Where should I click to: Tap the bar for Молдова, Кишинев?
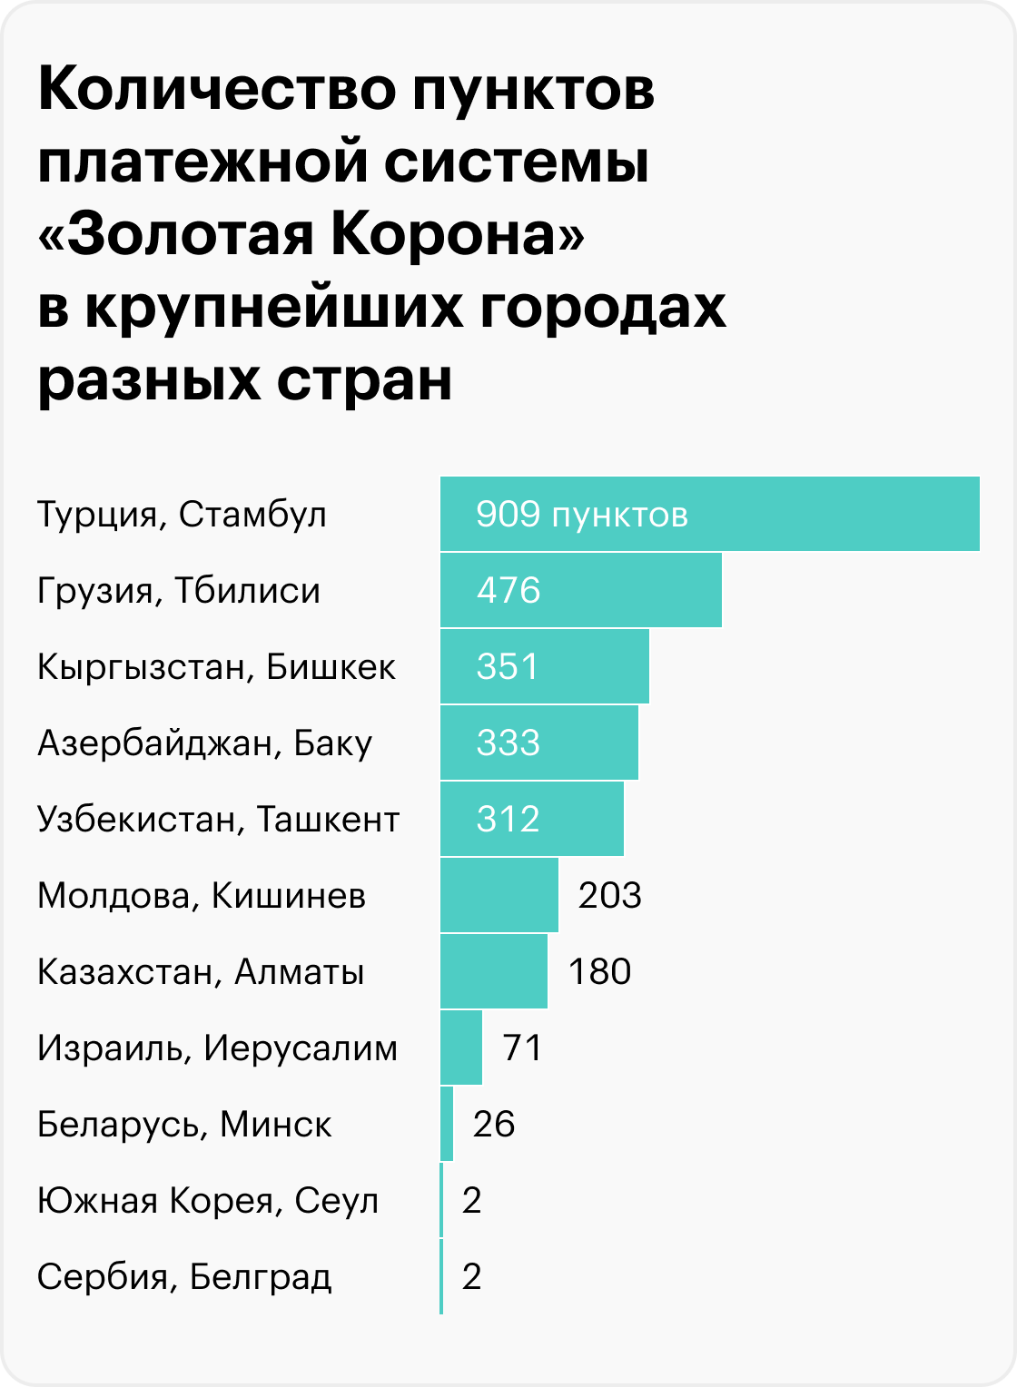(499, 895)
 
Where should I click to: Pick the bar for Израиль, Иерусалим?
(461, 1048)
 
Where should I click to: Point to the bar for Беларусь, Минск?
(447, 1124)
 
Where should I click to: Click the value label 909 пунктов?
(582, 515)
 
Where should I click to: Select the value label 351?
(508, 666)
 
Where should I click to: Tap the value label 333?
(508, 743)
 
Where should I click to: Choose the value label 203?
(610, 895)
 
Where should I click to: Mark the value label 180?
(599, 971)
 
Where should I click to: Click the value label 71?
(523, 1048)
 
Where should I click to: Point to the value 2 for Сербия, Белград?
(471, 1276)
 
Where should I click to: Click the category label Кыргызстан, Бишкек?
(216, 667)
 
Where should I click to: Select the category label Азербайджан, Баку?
(205, 743)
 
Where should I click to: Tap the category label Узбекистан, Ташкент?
(218, 820)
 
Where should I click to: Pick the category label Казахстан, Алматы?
(201, 972)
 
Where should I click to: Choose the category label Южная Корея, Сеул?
(208, 1201)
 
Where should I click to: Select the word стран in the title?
(364, 379)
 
